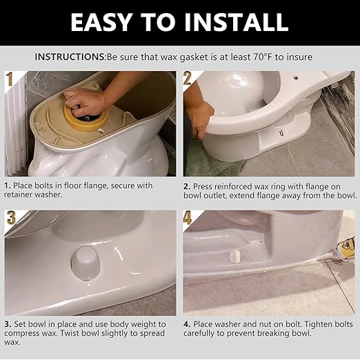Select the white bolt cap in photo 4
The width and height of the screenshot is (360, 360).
[233, 255]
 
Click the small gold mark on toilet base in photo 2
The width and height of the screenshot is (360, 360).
[281, 129]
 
